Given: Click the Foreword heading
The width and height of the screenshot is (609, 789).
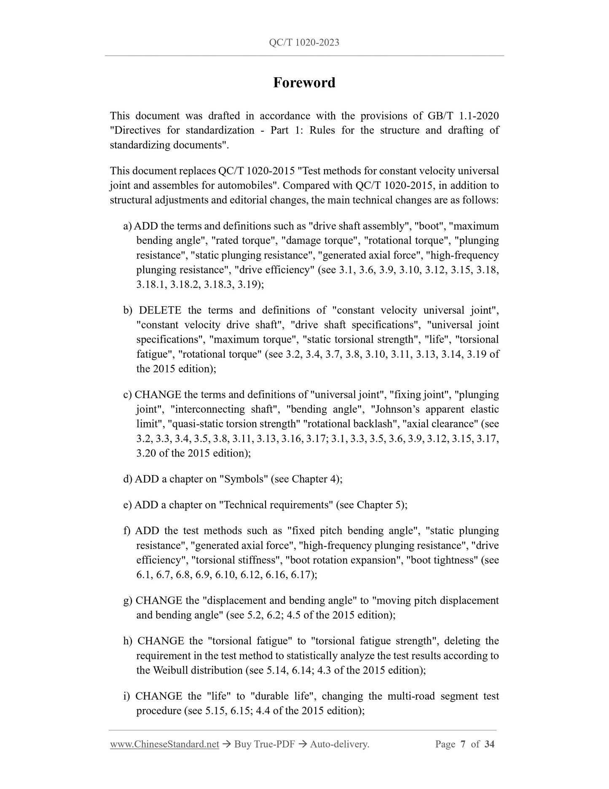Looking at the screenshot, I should pos(304,82).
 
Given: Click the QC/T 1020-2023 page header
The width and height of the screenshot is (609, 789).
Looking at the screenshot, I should pos(304,42).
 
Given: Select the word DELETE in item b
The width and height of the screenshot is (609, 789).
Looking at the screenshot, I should pos(160,310).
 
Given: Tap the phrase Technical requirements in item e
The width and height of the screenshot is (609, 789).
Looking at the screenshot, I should pos(276,505).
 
